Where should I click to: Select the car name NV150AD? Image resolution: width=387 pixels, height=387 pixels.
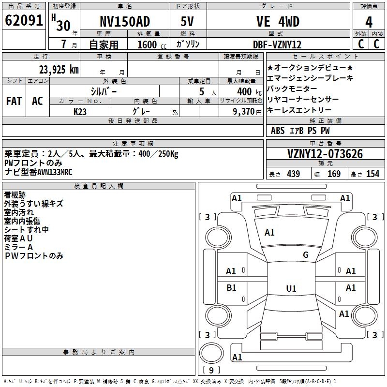(x=125, y=22)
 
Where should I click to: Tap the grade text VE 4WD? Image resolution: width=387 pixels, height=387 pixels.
(x=278, y=22)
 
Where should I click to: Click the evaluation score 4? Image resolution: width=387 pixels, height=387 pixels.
(x=369, y=22)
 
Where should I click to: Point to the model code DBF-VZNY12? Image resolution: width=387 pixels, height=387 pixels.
(x=278, y=45)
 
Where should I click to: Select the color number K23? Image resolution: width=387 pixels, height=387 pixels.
(x=80, y=111)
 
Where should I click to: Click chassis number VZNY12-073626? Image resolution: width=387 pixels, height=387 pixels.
(x=325, y=154)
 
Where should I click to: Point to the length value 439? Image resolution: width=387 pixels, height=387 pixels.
(x=293, y=174)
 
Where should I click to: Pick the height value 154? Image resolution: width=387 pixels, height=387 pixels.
(x=372, y=174)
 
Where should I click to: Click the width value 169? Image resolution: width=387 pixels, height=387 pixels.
(x=334, y=174)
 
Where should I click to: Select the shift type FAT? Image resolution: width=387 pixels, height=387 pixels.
(x=14, y=101)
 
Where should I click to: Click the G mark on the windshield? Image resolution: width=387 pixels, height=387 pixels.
(x=306, y=255)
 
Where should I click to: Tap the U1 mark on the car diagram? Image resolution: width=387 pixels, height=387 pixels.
(x=291, y=289)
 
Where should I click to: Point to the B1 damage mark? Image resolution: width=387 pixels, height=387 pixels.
(x=231, y=288)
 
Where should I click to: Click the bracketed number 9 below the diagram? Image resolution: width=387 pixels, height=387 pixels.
(x=211, y=370)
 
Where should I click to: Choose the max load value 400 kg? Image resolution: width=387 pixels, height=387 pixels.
(x=247, y=91)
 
